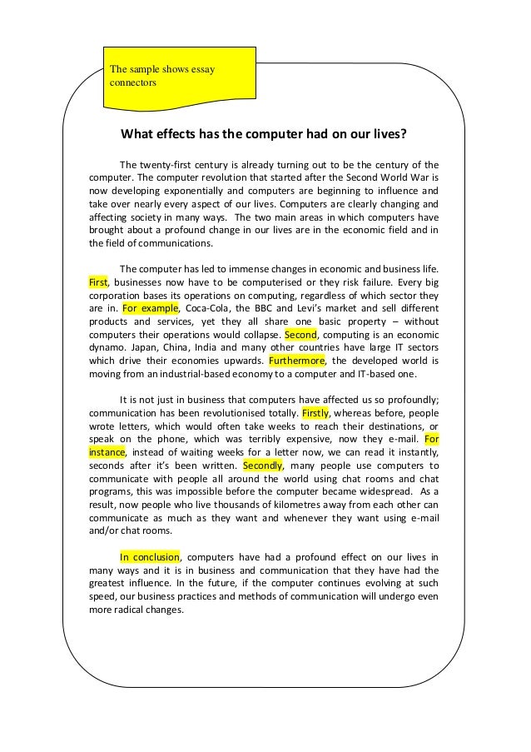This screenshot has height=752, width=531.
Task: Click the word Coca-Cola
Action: tap(210, 306)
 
